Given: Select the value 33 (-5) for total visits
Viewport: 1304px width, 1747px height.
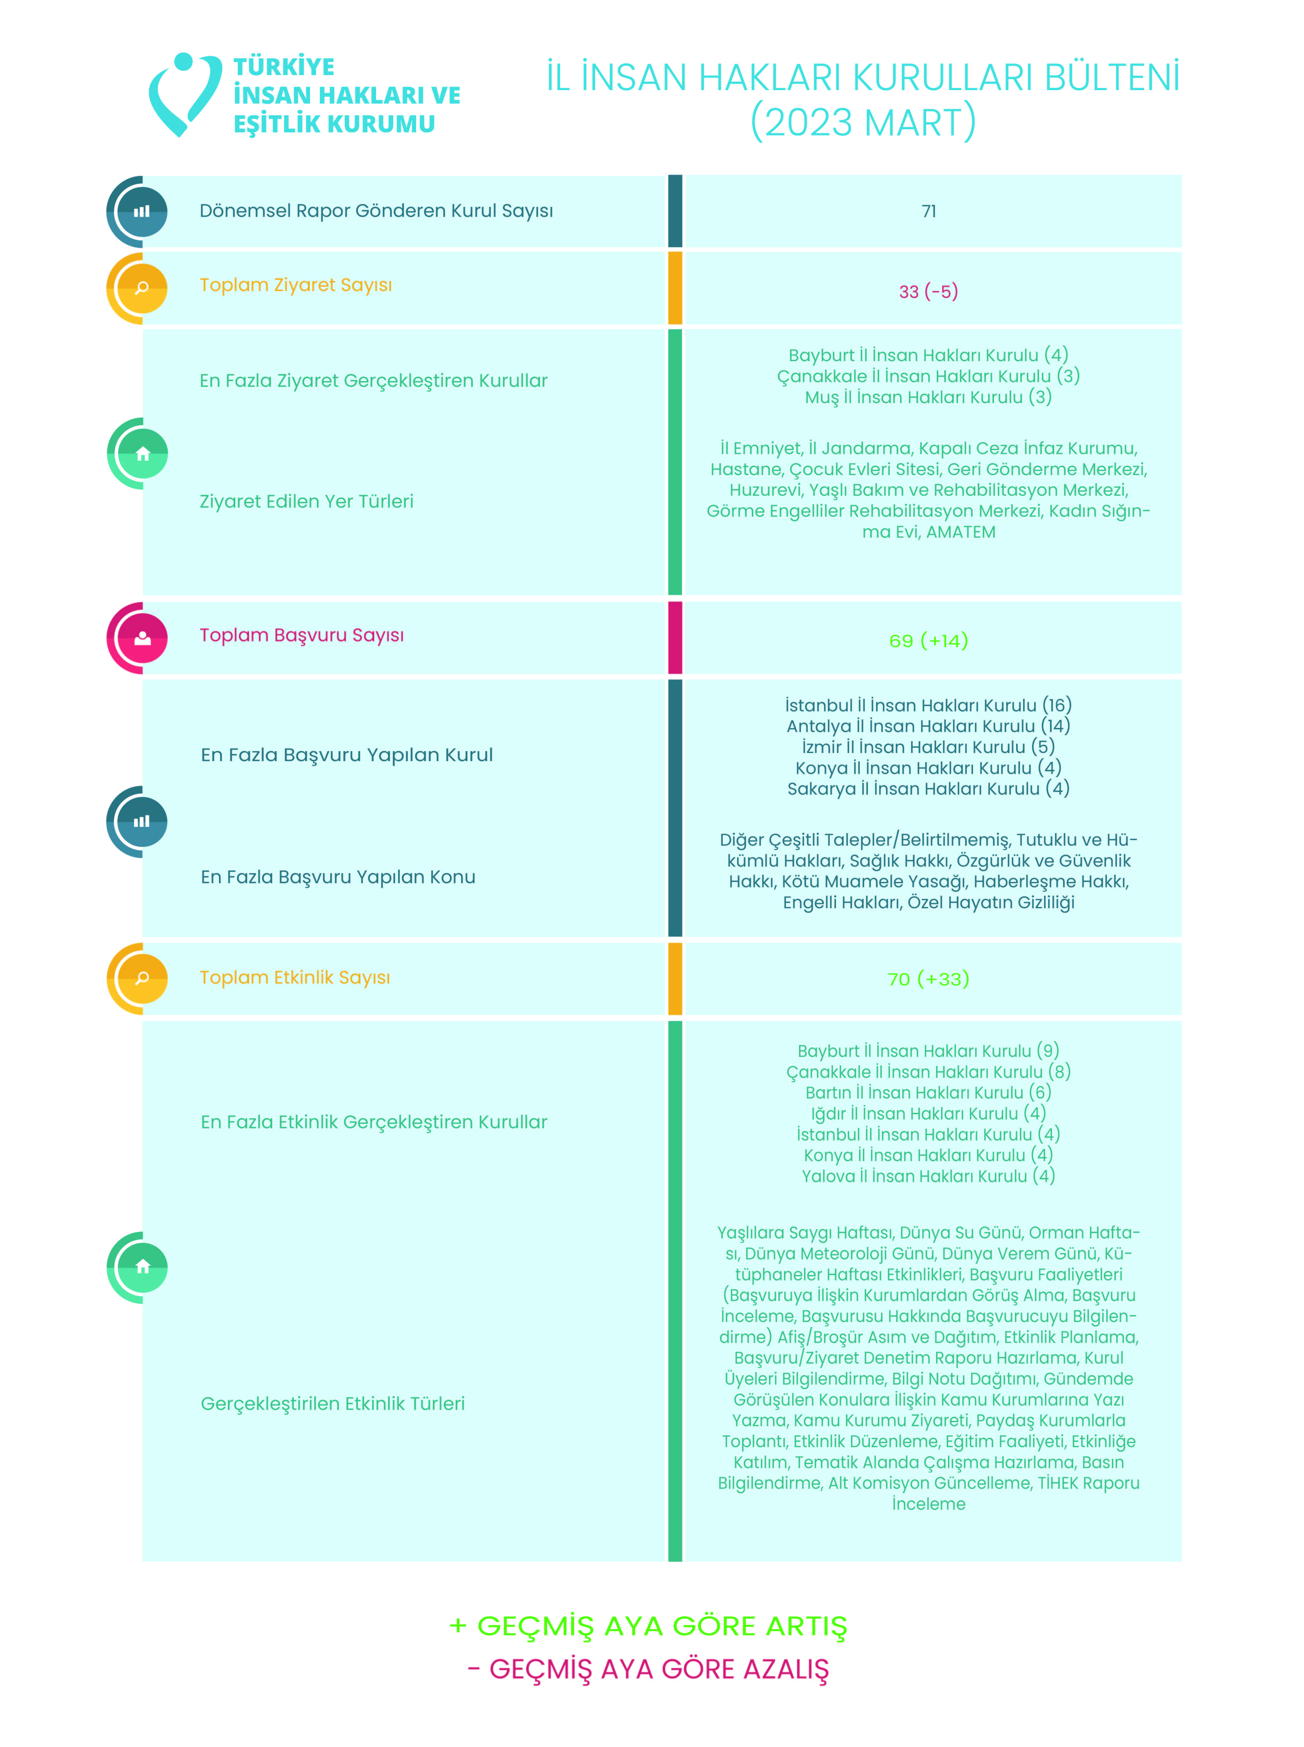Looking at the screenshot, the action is tap(928, 291).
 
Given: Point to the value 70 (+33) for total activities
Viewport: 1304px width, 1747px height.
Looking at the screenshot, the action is tap(928, 979).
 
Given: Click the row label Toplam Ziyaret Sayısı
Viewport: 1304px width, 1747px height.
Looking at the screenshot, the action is tap(295, 285).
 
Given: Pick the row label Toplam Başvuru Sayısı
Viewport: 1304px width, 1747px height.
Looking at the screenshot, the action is tap(302, 636).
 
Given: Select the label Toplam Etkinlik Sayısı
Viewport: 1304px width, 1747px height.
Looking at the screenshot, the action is tap(294, 977).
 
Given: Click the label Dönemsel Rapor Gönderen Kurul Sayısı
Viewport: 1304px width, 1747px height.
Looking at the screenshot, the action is tap(376, 211).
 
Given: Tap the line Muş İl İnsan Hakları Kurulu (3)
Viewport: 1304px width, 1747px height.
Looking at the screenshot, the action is tap(928, 397).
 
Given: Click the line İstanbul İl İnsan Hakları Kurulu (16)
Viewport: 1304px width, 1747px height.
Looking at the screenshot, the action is tap(928, 705).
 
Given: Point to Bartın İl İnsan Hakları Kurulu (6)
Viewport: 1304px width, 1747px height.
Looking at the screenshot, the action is tap(928, 1093).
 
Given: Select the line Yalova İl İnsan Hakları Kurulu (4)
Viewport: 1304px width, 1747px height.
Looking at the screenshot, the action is tap(928, 1176).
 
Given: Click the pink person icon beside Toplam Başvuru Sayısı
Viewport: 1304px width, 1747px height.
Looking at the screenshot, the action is tap(142, 638).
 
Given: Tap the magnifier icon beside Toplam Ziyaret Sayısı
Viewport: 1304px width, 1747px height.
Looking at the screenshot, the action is tap(142, 287).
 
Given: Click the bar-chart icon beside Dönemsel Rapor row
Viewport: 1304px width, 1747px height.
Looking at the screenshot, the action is tap(142, 212).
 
